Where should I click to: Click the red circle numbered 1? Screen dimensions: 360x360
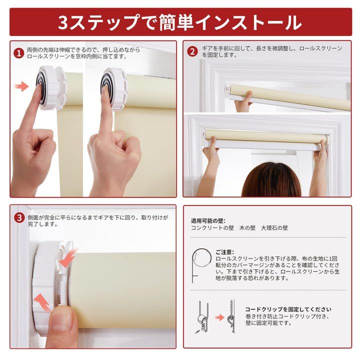coord(18,53)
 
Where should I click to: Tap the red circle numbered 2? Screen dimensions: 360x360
coord(192,51)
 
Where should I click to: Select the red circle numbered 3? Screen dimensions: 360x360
coord(19,217)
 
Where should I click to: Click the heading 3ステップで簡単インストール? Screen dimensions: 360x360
coord(180,22)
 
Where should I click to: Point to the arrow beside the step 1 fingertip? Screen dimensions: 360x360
coord(21,86)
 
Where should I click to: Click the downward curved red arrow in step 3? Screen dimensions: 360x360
coord(67,258)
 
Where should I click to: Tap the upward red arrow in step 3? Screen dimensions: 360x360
coord(42,301)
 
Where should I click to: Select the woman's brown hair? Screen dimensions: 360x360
coord(271,180)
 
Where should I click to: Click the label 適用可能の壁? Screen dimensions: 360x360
coord(208,221)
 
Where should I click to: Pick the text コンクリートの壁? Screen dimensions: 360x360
coord(212,228)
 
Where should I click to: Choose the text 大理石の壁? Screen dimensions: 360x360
coord(274,228)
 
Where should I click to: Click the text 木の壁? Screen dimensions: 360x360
coord(247,228)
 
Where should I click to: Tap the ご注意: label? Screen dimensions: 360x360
coord(224,252)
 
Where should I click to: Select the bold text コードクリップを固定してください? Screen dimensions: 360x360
coord(288,309)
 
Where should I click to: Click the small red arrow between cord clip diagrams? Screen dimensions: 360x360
coord(219,318)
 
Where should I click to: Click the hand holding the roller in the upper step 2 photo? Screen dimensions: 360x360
coord(243,100)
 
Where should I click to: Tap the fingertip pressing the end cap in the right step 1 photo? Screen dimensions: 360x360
coord(105,90)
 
